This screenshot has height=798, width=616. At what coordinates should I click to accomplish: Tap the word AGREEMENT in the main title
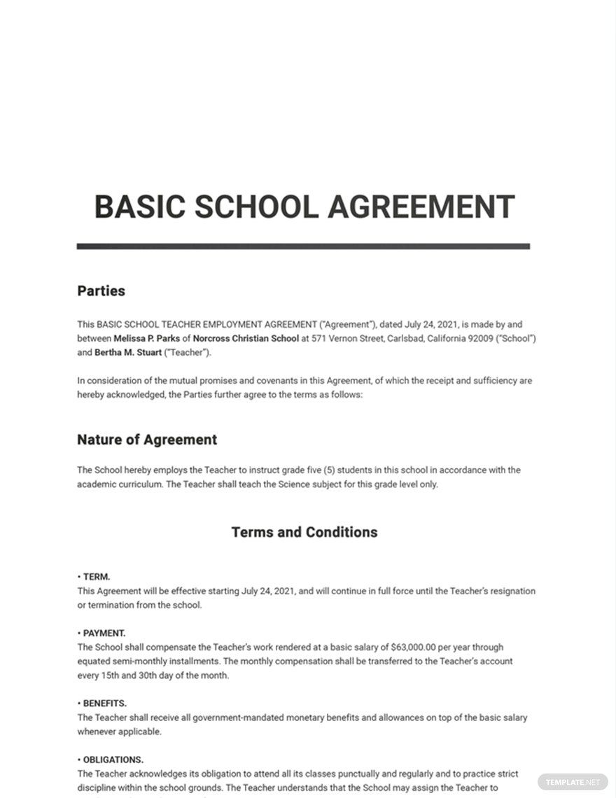pos(421,207)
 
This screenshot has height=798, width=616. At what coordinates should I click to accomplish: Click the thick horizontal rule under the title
pos(303,246)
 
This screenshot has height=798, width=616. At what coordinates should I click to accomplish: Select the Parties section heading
pos(101,290)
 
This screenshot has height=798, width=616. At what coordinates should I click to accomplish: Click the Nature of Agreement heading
pos(147,440)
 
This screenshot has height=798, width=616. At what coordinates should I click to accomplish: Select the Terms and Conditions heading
pos(304,532)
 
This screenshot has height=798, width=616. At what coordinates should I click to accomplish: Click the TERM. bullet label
pos(96,577)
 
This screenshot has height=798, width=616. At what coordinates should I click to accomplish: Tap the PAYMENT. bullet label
pos(104,633)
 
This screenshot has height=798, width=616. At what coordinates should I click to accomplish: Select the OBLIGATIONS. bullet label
pos(113,759)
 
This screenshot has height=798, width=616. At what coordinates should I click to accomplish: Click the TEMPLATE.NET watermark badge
pos(570,781)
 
